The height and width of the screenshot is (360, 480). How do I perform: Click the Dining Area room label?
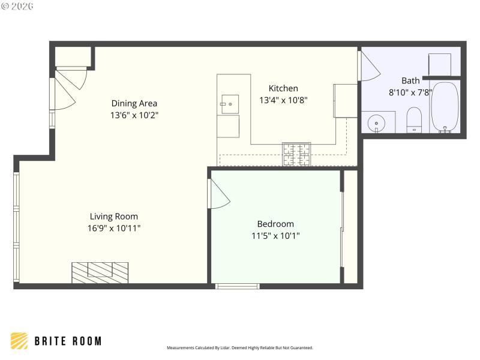134,103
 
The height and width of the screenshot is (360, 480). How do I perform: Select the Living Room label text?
114,217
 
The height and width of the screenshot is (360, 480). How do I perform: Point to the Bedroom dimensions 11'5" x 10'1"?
275,236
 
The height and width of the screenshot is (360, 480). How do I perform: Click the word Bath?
411,80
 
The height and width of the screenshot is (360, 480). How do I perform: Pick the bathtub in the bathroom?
445,107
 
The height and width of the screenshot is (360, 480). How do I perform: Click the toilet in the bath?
414,119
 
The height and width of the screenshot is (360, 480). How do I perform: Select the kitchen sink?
229,104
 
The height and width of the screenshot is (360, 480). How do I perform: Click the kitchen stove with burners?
297,154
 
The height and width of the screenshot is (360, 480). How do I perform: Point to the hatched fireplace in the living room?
100,272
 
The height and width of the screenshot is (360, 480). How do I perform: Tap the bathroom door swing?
370,67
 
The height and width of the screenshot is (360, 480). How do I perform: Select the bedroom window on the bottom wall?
238,286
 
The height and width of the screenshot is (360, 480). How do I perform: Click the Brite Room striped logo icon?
19,341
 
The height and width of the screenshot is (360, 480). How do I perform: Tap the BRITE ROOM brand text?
67,341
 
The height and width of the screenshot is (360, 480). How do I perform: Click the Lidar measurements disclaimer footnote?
239,348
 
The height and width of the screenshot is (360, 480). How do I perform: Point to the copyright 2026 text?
17,6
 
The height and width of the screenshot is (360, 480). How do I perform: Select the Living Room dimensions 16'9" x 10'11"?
114,228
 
